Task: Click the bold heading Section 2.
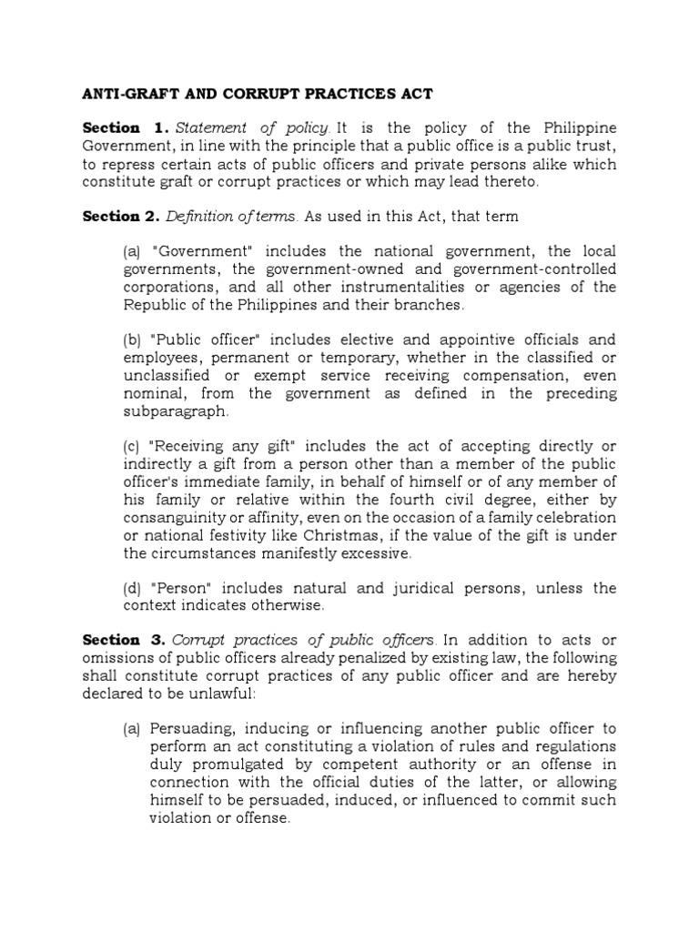[x=118, y=217]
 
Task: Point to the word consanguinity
[x=178, y=517]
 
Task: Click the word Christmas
[x=356, y=534]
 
